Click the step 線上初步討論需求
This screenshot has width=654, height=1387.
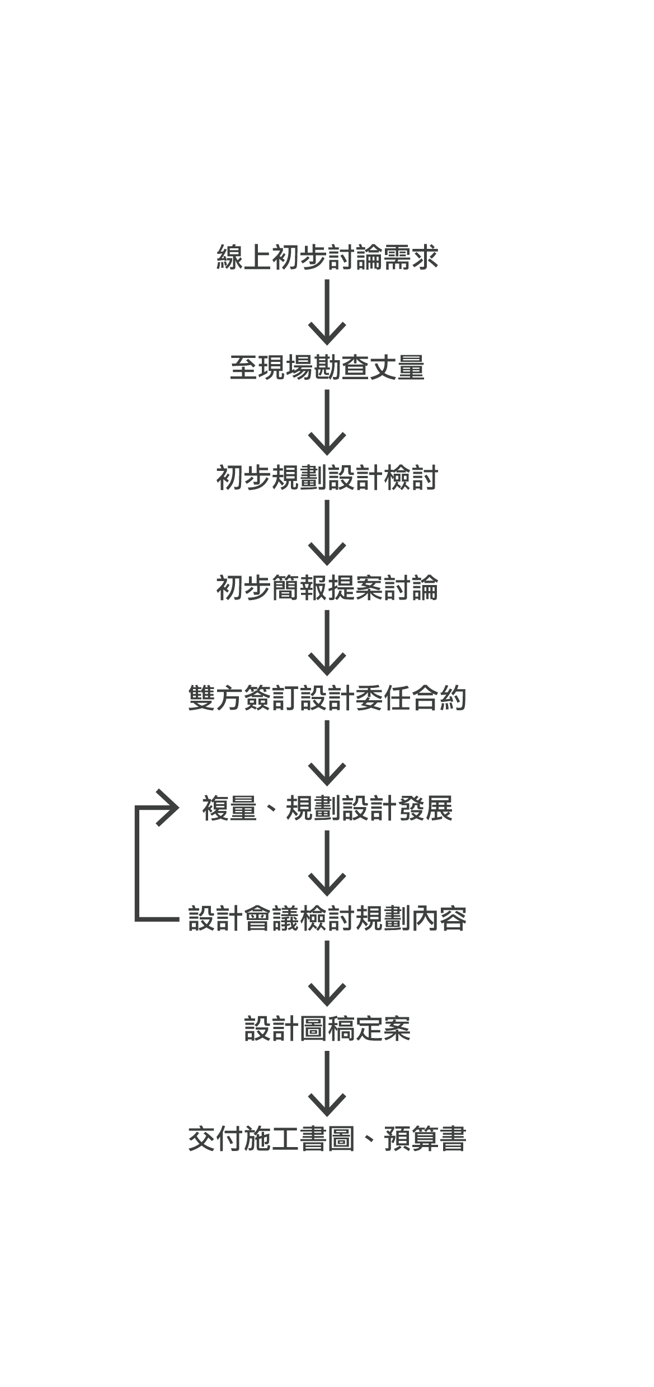(327, 258)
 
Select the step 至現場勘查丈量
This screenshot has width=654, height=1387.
(327, 368)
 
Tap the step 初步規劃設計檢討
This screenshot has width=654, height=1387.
(327, 478)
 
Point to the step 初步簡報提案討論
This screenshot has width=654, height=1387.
(327, 588)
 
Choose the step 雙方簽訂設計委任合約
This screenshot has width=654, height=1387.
(327, 699)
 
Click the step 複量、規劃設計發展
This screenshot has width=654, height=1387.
(327, 809)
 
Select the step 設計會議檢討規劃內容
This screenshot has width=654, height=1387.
(327, 919)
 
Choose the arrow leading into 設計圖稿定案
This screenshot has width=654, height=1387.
(327, 973)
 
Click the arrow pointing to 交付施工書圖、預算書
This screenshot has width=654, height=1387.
(327, 1083)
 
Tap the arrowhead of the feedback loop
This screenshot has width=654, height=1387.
(168, 808)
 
